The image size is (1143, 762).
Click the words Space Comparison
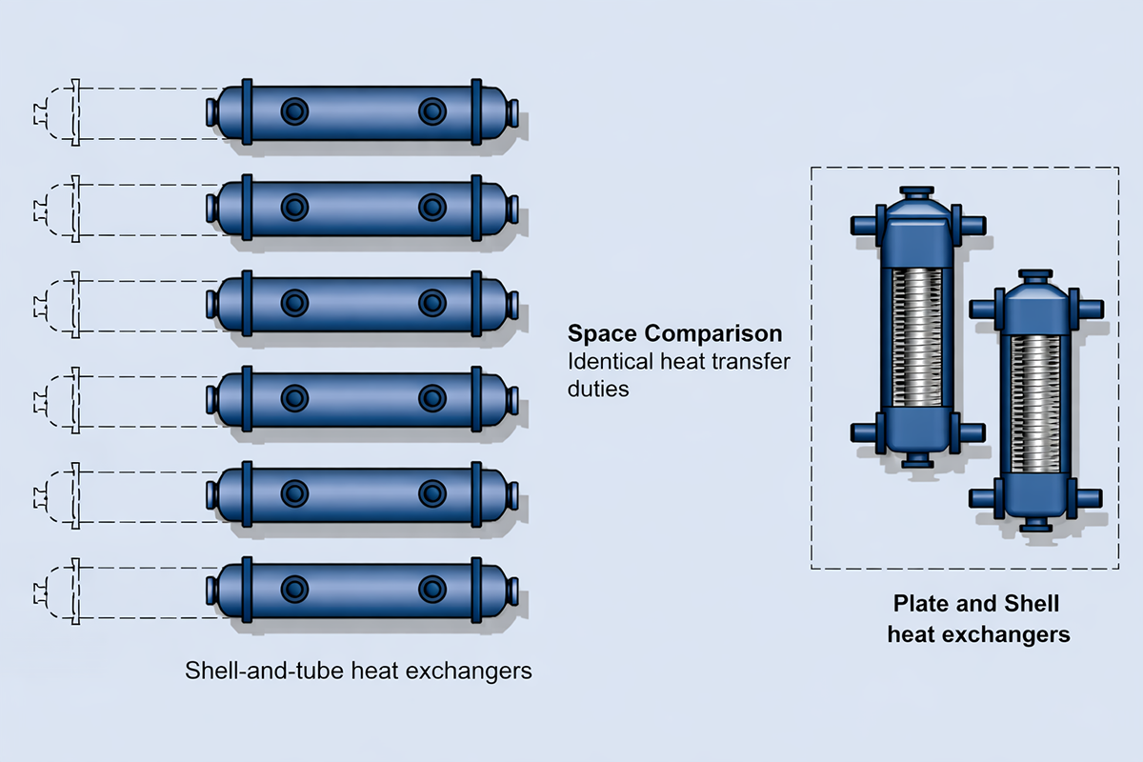[x=674, y=334]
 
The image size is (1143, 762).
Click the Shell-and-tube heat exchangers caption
[x=357, y=671]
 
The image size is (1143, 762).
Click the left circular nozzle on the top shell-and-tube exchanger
[x=295, y=112]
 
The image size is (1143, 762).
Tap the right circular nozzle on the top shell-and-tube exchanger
[x=432, y=112]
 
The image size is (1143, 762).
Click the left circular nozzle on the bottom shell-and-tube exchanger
[x=295, y=589]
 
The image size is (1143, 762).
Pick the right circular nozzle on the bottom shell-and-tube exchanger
[x=432, y=589]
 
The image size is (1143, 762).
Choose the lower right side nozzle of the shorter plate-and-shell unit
[x=1090, y=498]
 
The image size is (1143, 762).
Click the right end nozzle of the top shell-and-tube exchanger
[x=514, y=112]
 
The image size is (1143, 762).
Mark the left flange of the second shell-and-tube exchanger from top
[x=247, y=208]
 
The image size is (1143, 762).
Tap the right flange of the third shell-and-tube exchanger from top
[x=475, y=303]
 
